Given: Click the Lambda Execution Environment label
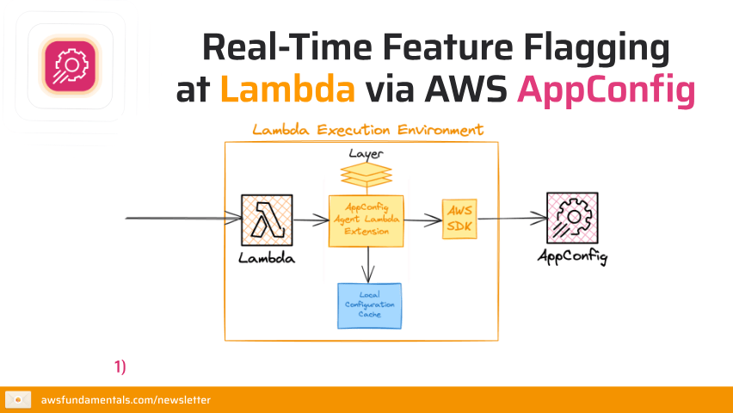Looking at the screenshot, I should tap(367, 131).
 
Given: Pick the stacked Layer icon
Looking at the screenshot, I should tap(366, 176).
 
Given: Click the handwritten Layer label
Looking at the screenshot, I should tap(366, 154).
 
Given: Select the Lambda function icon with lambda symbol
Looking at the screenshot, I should tap(267, 220).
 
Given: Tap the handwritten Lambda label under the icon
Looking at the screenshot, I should tap(267, 258).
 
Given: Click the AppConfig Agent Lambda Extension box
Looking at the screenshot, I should tap(366, 221).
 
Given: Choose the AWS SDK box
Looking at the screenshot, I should tap(459, 220).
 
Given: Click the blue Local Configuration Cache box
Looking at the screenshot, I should tap(370, 305).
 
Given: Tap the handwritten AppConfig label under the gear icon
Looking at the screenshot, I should tap(572, 256).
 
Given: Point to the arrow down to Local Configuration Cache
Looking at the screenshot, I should tap(368, 265).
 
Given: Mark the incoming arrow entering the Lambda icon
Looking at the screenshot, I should tap(181, 219).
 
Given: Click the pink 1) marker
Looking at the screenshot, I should tap(120, 367).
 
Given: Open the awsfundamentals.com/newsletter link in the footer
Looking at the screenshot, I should tap(126, 400).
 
